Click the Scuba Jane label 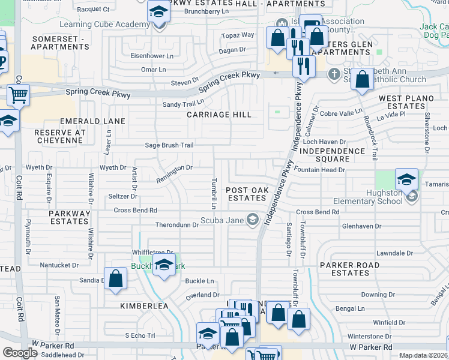tap(222, 220)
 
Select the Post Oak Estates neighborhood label tap(246, 194)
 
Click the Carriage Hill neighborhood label tap(218, 114)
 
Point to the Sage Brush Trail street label tap(169, 145)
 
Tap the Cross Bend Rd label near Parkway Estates tap(135, 211)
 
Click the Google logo tap(20, 352)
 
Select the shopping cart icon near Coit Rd tap(19, 95)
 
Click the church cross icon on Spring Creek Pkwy tap(334, 74)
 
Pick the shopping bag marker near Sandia tap(116, 278)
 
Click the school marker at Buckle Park tap(163, 265)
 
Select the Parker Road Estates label tap(349, 269)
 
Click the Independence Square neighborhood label tap(332, 155)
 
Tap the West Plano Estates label tap(402, 102)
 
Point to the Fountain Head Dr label tap(321, 170)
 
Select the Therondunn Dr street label tap(176, 225)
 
